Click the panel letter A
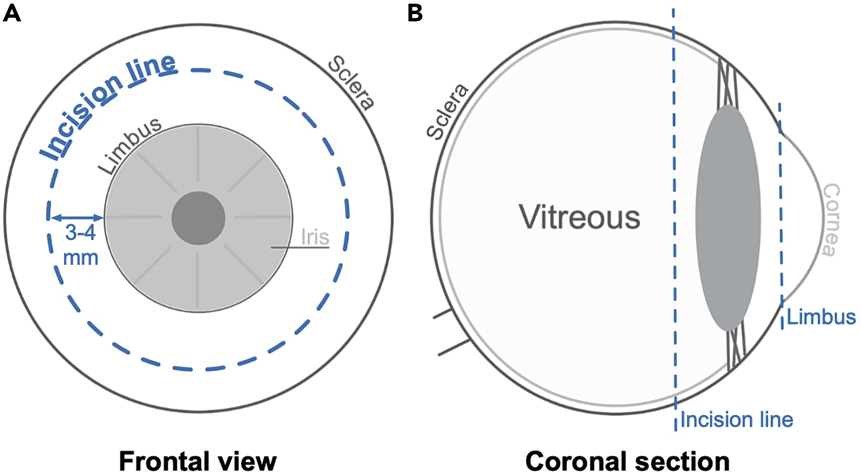tap(12, 13)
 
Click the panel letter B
tap(415, 13)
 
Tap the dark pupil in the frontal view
tap(198, 218)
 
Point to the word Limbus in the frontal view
tap(130, 146)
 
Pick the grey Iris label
tap(315, 237)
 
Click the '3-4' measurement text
tap(80, 233)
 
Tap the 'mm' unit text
tap(81, 257)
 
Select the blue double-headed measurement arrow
tap(76, 217)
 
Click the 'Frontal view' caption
tap(198, 461)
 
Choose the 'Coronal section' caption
tap(627, 461)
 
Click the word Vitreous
tap(579, 217)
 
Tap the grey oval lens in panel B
tap(728, 218)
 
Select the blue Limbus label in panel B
tap(821, 317)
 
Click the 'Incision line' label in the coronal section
tap(736, 419)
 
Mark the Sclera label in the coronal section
tap(447, 112)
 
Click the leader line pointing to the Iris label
tap(300, 247)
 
